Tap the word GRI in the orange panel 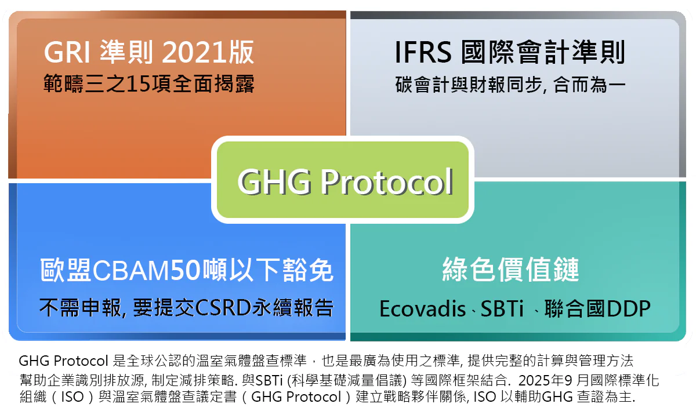coord(66,53)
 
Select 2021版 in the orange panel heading coord(208,53)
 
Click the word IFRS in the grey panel coord(423,53)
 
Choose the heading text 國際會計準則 coord(543,53)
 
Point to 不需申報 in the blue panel coord(79,307)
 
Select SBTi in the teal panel coord(500,309)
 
